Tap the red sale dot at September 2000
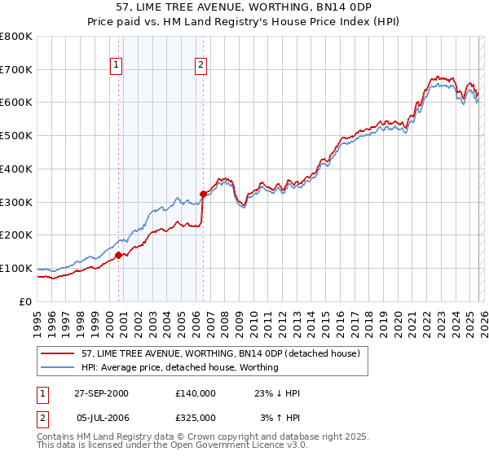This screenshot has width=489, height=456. tap(119, 255)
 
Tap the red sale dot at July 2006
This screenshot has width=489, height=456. tap(202, 194)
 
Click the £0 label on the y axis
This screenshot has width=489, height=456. tap(26, 301)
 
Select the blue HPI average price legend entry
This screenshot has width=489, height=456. tap(179, 367)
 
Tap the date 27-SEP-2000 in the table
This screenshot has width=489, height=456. tap(101, 393)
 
